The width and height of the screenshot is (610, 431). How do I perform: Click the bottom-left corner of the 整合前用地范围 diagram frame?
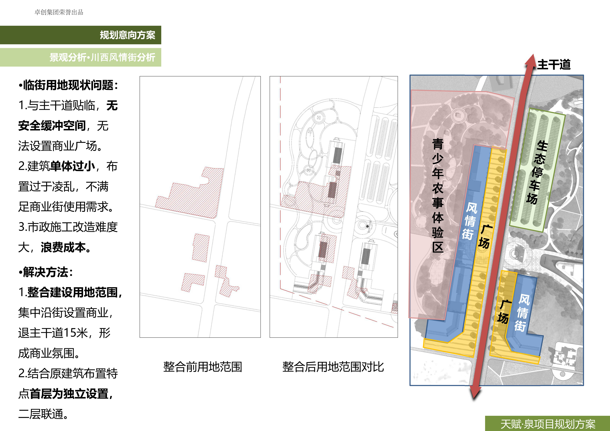coord(140,337)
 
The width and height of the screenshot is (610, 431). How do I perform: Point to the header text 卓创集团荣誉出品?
coord(59,12)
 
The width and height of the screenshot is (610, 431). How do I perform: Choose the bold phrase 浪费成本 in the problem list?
coord(63,247)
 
